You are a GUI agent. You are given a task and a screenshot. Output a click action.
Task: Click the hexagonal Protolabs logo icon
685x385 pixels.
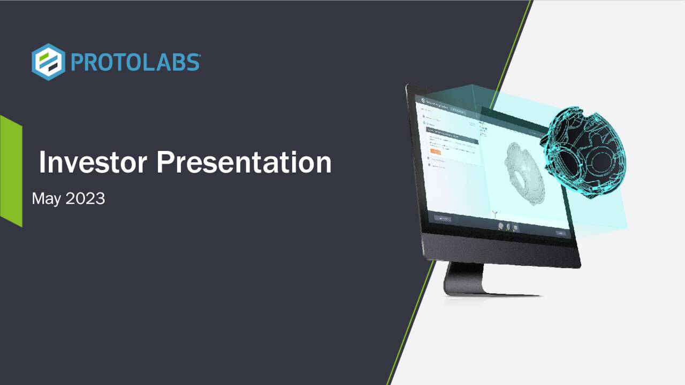[x=48, y=62]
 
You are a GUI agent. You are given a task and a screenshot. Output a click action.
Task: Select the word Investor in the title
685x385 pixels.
[x=93, y=162]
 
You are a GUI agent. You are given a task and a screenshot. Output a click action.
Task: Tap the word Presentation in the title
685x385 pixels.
[x=243, y=162]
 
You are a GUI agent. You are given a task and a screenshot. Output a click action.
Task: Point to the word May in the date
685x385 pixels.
[x=47, y=199]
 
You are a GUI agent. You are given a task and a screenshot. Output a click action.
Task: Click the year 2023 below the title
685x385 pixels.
[x=85, y=199]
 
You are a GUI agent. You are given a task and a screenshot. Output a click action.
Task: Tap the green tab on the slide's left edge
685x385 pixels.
[x=11, y=171]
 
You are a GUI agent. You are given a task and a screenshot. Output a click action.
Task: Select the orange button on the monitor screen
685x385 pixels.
[x=435, y=152]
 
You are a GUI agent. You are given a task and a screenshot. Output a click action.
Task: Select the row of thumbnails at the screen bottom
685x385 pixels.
[x=507, y=227]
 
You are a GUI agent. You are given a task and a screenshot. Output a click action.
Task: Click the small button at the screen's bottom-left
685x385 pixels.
[x=443, y=218]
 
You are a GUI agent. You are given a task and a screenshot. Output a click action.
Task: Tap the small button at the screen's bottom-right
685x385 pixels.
[x=560, y=233]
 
